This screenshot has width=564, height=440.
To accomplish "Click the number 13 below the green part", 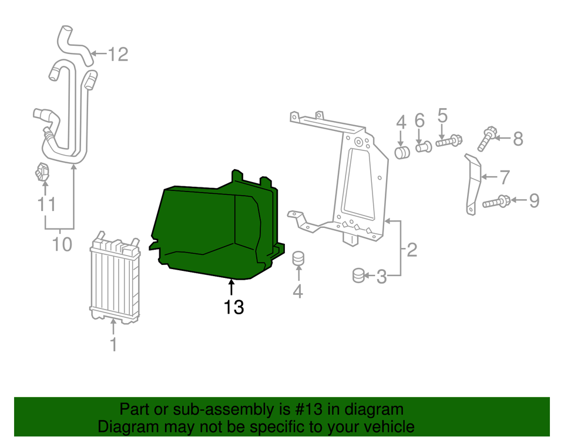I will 233,307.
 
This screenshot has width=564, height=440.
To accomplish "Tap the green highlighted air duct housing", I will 211,229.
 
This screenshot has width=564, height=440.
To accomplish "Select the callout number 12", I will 117,55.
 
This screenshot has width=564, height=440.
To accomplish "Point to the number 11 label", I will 46,204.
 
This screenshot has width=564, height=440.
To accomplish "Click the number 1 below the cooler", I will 113,344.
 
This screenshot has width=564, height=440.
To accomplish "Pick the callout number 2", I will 411,251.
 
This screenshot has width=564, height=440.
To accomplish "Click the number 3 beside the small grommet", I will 382,276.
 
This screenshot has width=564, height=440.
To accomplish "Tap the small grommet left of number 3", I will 359,274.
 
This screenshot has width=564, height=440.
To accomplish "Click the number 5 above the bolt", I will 442,116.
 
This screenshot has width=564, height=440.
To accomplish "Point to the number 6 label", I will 419,121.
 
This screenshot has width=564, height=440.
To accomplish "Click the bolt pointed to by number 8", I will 487,139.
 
